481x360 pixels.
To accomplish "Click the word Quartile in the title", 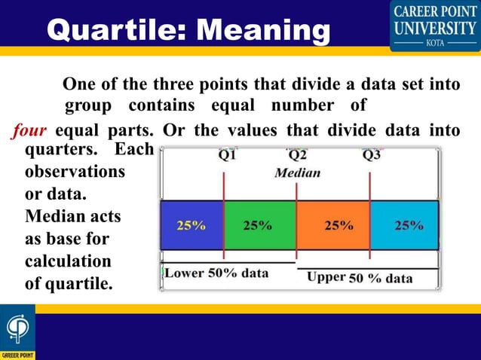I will [110, 30].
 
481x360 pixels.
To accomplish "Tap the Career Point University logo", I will [434, 26].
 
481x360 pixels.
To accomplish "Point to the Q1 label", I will [227, 156].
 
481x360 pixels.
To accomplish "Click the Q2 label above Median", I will [297, 156].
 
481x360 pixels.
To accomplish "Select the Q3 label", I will [371, 156].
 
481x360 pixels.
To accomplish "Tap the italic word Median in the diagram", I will [297, 172].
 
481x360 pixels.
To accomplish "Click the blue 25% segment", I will [191, 225].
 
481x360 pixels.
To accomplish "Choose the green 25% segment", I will [259, 225].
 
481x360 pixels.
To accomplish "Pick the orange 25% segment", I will [332, 225].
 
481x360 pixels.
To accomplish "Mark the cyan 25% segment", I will [405, 225].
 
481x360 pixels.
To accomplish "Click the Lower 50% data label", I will [216, 273].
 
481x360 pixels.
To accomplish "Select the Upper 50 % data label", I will [360, 277].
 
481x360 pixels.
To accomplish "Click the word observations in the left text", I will [75, 172].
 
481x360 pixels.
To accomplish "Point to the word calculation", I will [69, 261].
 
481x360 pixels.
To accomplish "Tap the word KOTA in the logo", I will [435, 43].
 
